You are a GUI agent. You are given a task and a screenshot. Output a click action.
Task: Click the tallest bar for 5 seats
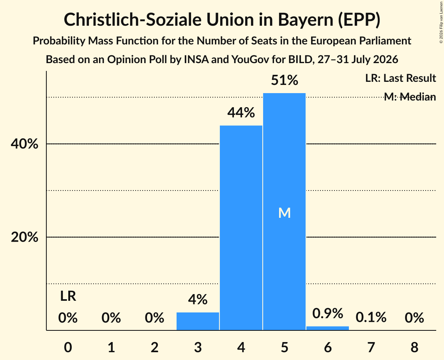(284, 212)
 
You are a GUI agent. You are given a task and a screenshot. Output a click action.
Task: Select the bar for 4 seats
(241, 228)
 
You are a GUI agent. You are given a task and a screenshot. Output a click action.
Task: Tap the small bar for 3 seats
(198, 321)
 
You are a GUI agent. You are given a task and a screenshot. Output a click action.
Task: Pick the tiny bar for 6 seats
(327, 328)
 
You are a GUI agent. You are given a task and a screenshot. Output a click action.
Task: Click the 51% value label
(285, 80)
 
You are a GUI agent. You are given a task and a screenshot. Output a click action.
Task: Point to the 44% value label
(241, 113)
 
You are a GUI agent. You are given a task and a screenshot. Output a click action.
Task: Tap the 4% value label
(198, 300)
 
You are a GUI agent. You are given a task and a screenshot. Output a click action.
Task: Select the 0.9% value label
(327, 313)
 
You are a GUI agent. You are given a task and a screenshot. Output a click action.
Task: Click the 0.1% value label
(371, 318)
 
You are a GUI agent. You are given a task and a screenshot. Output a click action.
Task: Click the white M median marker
(285, 213)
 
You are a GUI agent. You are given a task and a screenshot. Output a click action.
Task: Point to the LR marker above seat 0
(68, 296)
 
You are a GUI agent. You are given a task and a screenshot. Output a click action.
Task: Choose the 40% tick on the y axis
(24, 144)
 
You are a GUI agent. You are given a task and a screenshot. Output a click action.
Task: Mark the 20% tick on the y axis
(24, 237)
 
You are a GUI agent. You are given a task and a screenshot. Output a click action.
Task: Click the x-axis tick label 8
(414, 347)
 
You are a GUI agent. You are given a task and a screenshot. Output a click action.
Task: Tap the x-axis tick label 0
(68, 347)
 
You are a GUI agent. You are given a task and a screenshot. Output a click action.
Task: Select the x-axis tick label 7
(371, 347)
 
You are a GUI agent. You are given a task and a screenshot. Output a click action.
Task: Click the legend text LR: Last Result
(400, 78)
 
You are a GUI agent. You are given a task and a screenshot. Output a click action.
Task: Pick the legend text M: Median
(410, 97)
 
